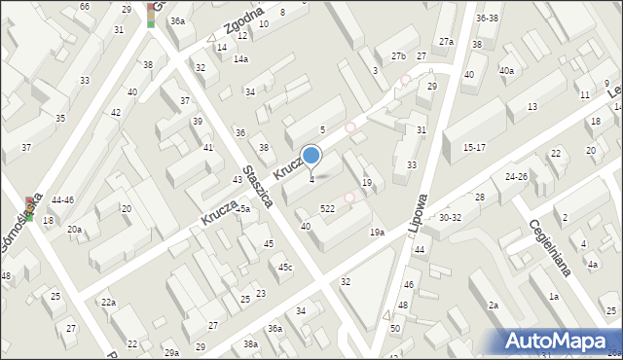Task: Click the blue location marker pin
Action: [x=311, y=156]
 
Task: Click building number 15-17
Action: [x=474, y=147]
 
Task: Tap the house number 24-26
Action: [x=516, y=176]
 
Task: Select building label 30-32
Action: [x=450, y=218]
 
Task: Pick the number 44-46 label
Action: [x=62, y=199]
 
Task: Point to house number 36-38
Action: [x=487, y=18]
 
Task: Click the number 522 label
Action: [x=328, y=208]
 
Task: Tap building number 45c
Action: [x=284, y=267]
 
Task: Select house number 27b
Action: [x=397, y=55]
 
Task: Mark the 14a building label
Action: [x=239, y=58]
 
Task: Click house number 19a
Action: [x=377, y=232]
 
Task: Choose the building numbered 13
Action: [x=532, y=106]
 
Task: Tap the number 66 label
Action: [x=85, y=6]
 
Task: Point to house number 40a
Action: [x=506, y=70]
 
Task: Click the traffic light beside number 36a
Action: [x=151, y=14]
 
